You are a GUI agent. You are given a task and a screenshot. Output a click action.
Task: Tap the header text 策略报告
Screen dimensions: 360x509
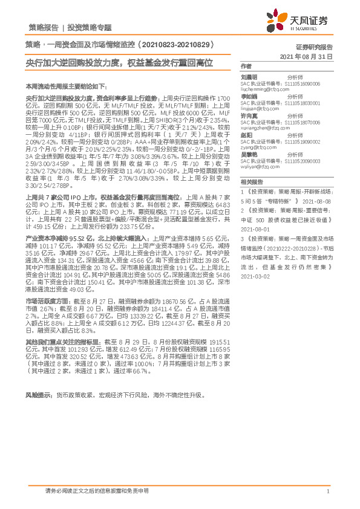[44, 28]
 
